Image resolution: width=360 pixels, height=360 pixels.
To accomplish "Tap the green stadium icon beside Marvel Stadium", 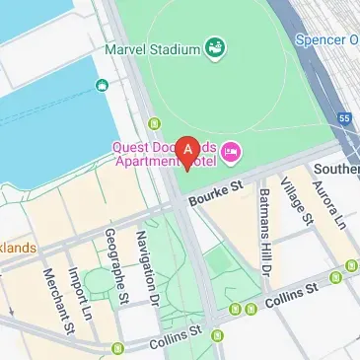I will coord(214,45).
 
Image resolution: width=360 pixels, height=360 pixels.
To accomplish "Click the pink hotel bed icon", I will coord(232,151).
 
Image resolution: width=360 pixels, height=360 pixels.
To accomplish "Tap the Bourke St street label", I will coord(216,186).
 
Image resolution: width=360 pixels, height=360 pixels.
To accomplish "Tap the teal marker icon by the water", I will coord(102,86).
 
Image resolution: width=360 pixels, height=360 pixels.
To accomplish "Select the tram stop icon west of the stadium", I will coord(154,124).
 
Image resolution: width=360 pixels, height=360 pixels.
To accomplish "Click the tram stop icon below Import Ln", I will coord(118,348).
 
